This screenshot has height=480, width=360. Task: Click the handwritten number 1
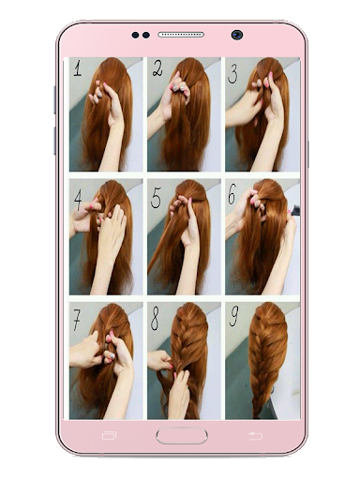(x=78, y=68)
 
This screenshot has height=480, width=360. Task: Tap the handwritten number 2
(x=157, y=68)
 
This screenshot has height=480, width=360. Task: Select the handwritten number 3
(x=232, y=73)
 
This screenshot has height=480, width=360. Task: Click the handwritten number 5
(x=156, y=198)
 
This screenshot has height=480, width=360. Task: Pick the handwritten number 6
(x=232, y=194)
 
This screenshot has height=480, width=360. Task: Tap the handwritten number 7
(x=76, y=320)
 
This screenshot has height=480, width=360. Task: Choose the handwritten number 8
(x=155, y=318)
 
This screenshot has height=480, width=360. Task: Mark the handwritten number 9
(x=233, y=316)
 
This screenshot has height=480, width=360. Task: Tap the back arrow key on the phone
(x=255, y=436)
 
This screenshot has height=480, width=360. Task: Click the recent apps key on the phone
(x=109, y=436)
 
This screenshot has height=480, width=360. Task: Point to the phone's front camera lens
(x=237, y=35)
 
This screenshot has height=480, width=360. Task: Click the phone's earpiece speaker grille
(x=181, y=35)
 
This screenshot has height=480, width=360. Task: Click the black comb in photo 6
(x=295, y=210)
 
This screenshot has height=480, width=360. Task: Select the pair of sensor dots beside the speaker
(x=141, y=35)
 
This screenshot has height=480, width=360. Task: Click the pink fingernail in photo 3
(x=271, y=76)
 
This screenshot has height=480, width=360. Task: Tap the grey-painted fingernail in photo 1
(x=99, y=94)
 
